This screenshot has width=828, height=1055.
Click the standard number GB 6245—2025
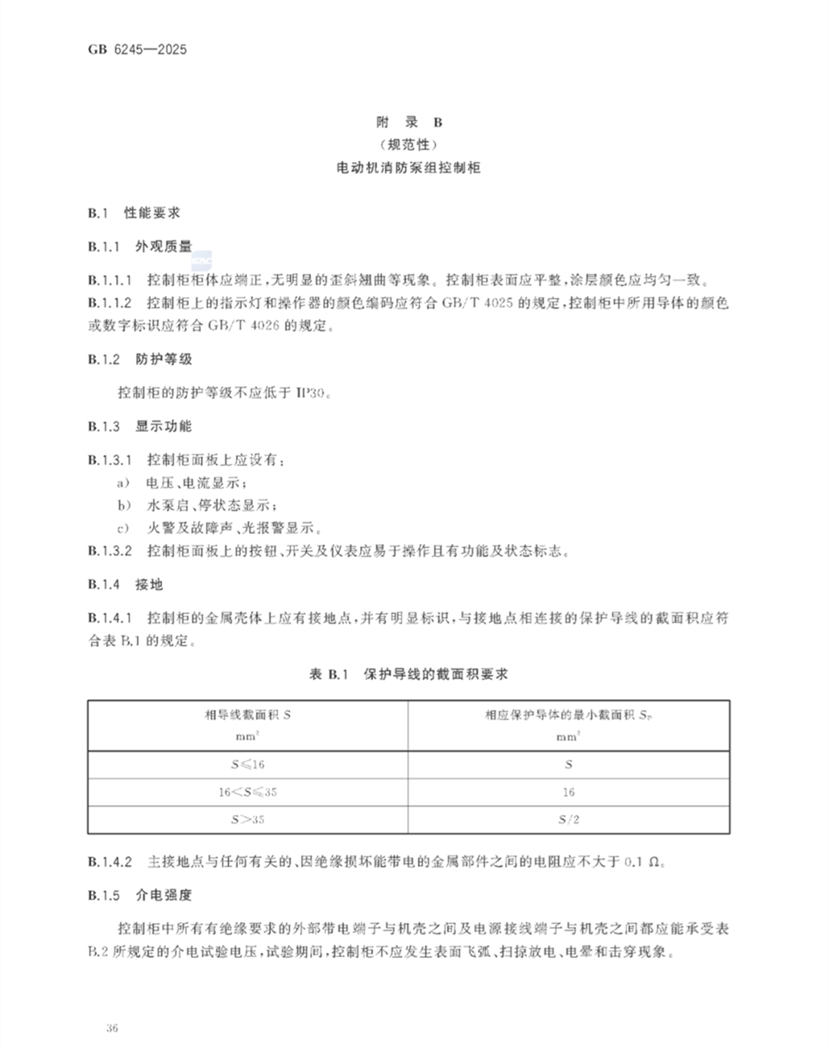point(137,50)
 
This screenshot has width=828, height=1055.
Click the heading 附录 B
point(409,122)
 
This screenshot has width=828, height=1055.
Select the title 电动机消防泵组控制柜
point(409,167)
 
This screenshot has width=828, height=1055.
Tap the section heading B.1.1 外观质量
point(140,246)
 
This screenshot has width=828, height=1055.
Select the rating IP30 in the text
point(312,393)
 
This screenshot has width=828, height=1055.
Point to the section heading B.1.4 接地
point(125,585)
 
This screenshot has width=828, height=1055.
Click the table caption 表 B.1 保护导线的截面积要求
point(408,674)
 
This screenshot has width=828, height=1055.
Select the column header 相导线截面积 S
point(247,715)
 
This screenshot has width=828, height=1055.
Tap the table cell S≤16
point(247,764)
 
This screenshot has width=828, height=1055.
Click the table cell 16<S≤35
point(247,792)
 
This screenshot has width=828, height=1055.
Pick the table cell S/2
point(569,819)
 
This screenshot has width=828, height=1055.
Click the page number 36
point(113,1028)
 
